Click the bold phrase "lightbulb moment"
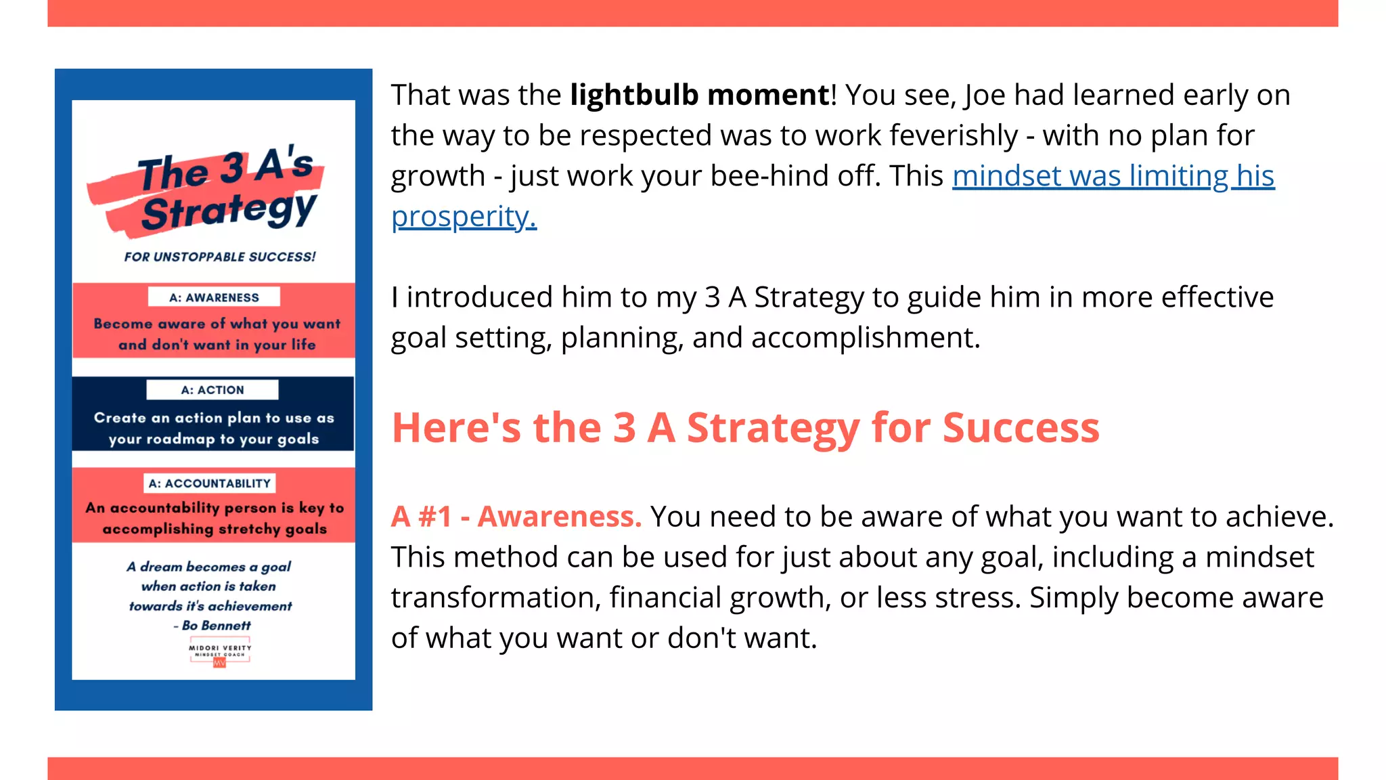click(699, 95)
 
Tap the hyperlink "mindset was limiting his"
click(1113, 176)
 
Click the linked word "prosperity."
click(464, 217)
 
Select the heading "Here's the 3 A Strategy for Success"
click(745, 427)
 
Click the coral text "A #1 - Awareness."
click(516, 517)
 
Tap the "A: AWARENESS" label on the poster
click(214, 297)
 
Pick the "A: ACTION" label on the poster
click(213, 390)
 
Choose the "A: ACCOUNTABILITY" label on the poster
click(210, 483)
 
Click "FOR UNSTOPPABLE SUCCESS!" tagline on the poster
click(219, 257)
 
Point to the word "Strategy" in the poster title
click(229, 212)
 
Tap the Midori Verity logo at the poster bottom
click(220, 653)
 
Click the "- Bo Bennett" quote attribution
click(212, 626)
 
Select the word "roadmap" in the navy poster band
click(180, 439)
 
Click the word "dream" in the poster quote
click(161, 567)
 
